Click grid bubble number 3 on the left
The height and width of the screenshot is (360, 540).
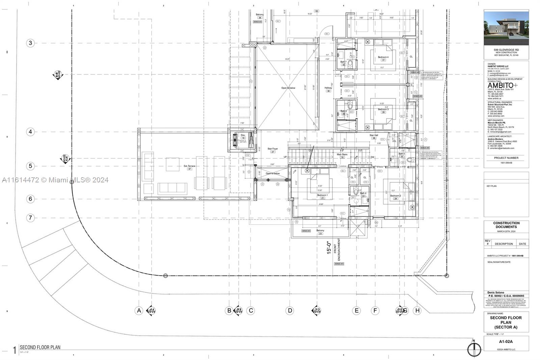30,43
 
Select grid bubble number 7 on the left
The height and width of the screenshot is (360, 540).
30,218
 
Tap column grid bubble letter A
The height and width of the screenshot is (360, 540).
139,311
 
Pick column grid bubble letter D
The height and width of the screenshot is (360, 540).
290,311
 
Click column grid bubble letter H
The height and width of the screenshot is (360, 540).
417,311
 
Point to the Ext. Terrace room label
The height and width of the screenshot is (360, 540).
189,166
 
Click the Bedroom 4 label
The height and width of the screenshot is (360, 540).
383,57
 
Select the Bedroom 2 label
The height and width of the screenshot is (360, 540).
396,196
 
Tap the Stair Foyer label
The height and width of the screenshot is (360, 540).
273,149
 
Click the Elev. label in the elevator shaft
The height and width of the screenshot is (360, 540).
243,135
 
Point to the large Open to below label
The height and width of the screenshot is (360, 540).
288,88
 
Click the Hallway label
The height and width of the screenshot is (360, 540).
328,88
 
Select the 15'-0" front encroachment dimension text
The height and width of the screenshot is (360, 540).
329,248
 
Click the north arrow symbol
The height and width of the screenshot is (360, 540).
474,349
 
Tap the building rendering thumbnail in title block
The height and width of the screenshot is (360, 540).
506,28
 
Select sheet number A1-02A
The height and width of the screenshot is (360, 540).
506,342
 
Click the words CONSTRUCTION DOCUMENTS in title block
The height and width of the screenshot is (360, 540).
506,225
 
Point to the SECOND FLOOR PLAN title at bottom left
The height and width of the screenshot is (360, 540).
40,347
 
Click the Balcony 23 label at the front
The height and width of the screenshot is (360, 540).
320,231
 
